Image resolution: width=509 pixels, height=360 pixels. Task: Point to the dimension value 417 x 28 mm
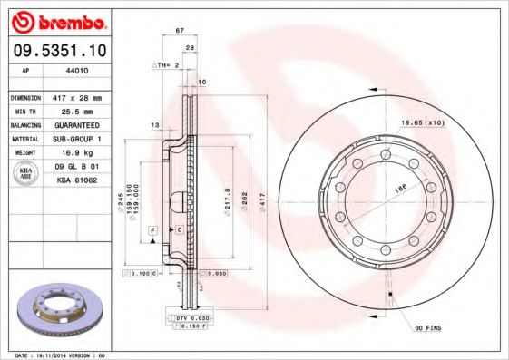pos(75,97)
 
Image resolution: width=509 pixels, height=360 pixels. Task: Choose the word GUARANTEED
pos(75,124)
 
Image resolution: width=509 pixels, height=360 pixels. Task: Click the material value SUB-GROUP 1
pos(75,139)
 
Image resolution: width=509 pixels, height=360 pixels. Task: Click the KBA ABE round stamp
pos(25,174)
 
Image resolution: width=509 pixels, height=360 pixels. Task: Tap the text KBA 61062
pos(75,181)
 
